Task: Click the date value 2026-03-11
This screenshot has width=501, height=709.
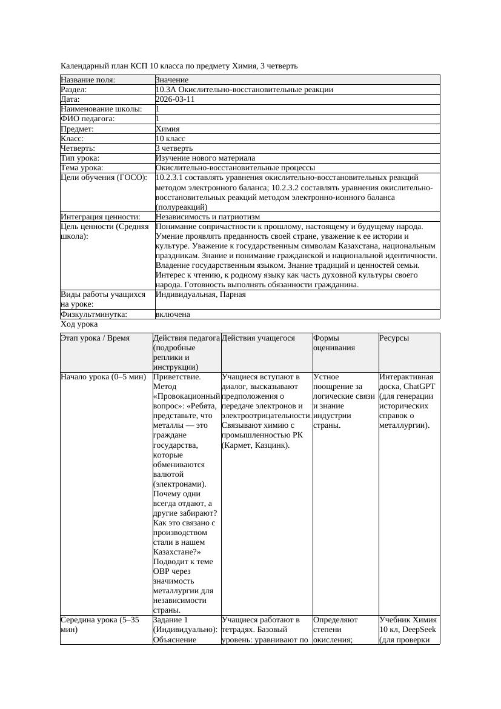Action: click(175, 99)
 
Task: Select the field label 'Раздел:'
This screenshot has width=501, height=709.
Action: click(76, 90)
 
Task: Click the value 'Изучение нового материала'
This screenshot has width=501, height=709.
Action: click(205, 158)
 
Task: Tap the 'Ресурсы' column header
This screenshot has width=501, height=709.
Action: click(394, 338)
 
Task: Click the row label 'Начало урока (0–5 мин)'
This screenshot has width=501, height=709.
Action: click(104, 376)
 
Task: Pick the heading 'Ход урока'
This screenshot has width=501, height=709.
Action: click(79, 324)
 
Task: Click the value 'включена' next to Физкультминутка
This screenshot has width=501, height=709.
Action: click(173, 315)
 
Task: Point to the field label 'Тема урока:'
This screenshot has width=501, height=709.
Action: click(82, 167)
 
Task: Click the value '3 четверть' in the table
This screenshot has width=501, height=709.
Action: click(174, 148)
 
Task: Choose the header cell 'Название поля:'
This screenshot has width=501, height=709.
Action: click(88, 80)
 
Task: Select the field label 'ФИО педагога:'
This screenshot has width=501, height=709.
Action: click(88, 119)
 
